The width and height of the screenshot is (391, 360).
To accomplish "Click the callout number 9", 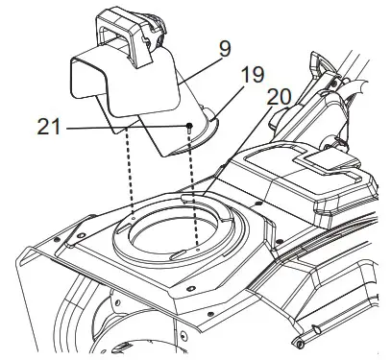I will [x=225, y=47].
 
